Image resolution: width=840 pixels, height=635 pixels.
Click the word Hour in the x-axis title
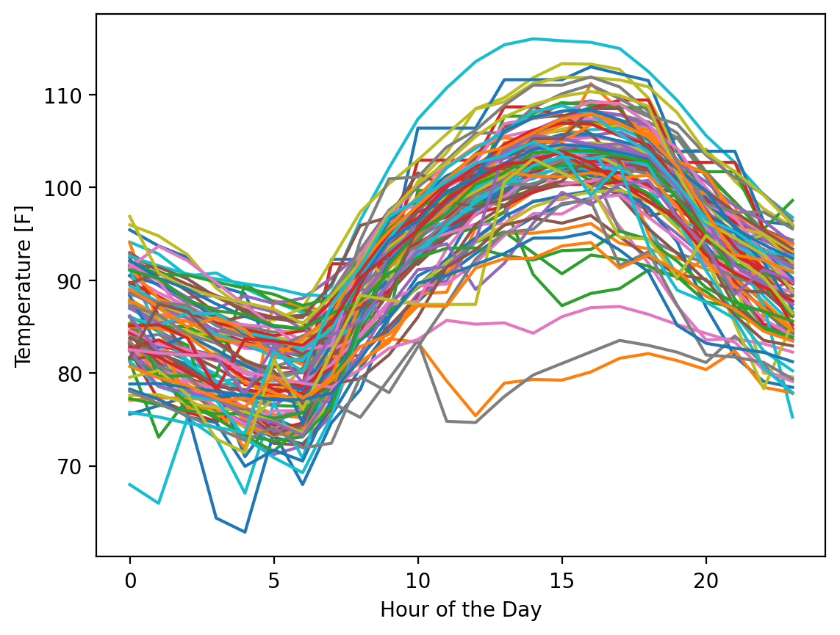(398, 609)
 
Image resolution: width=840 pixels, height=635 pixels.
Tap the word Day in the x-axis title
(527, 609)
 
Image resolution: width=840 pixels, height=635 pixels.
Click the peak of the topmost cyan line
(533, 39)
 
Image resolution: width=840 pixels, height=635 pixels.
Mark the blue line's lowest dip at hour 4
(245, 532)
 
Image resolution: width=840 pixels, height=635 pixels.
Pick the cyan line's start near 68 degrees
(130, 485)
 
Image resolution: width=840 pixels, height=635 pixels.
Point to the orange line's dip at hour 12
(475, 416)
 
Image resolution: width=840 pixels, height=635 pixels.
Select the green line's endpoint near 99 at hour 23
(793, 200)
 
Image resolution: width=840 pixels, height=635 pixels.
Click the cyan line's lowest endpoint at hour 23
(793, 417)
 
